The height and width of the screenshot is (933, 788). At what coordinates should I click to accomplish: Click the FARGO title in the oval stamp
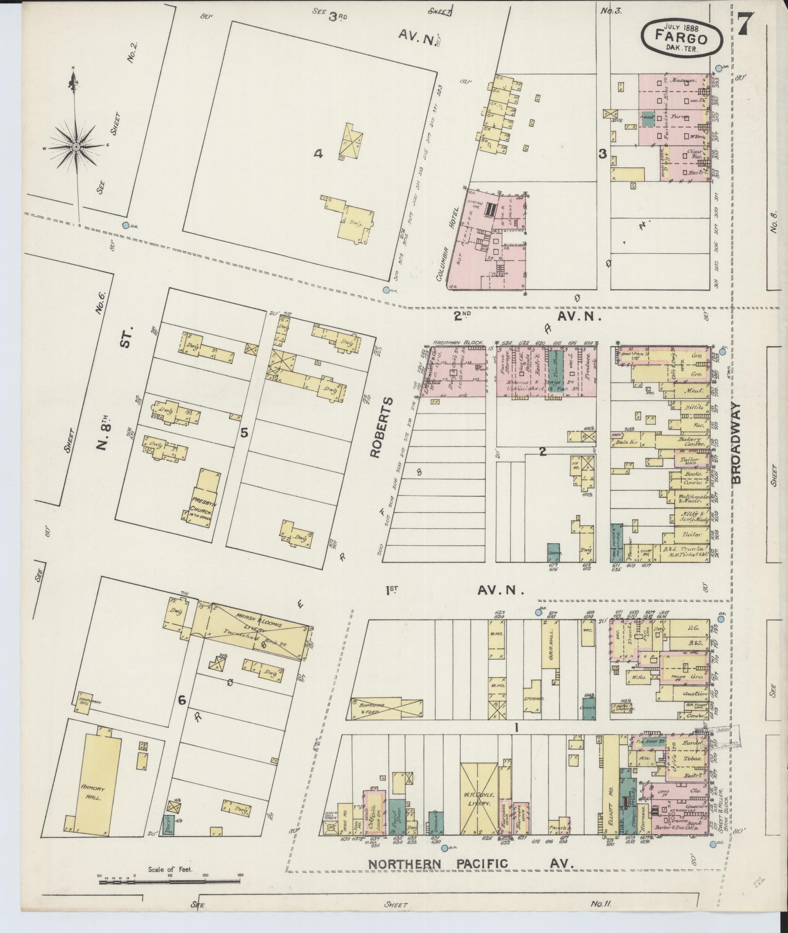tap(682, 35)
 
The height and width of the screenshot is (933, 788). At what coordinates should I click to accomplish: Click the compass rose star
tap(76, 146)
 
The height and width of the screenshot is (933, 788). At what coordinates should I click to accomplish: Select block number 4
tap(318, 154)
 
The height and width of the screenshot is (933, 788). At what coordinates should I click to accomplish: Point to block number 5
tap(244, 432)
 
